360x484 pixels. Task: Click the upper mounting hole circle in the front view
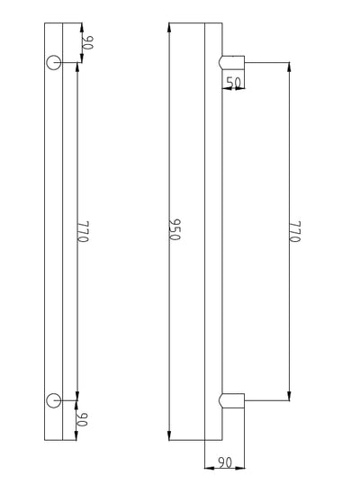pyautogui.click(x=53, y=62)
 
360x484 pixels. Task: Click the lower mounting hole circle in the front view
pyautogui.click(x=53, y=399)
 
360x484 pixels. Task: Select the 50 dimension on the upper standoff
pyautogui.click(x=234, y=82)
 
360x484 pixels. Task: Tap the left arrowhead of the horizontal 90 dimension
pyautogui.click(x=208, y=468)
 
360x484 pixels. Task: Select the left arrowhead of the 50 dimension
pyautogui.click(x=224, y=88)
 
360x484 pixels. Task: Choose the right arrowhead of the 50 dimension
pyautogui.click(x=243, y=88)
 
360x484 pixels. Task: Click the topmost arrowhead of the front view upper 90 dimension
pyautogui.click(x=79, y=25)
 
